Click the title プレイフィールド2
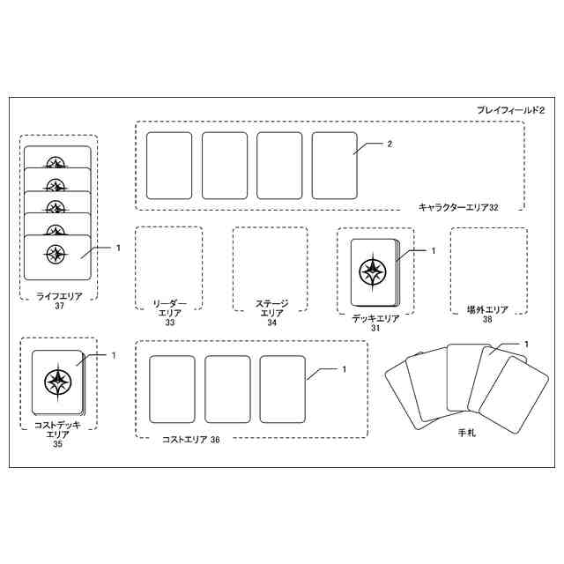pyautogui.click(x=512, y=109)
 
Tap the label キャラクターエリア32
pyautogui.click(x=458, y=207)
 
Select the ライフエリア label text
pyautogui.click(x=59, y=297)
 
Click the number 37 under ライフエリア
pyautogui.click(x=59, y=307)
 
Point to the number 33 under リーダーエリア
pyautogui.click(x=170, y=323)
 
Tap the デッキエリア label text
pyautogui.click(x=375, y=318)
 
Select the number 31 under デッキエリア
pyautogui.click(x=375, y=328)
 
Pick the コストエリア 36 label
pyautogui.click(x=189, y=440)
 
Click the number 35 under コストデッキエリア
pyautogui.click(x=58, y=445)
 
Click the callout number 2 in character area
pyautogui.click(x=389, y=143)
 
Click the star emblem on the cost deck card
pyautogui.click(x=57, y=382)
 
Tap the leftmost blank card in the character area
pyautogui.click(x=168, y=166)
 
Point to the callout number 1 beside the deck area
pyautogui.click(x=433, y=250)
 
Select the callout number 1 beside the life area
pyautogui.click(x=117, y=248)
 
